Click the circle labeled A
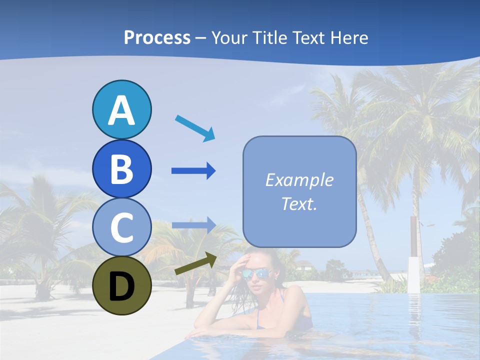pyautogui.click(x=121, y=109)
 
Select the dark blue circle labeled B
pyautogui.click(x=121, y=168)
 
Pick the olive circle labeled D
pyautogui.click(x=121, y=285)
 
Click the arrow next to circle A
pyautogui.click(x=195, y=128)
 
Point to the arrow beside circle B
pyautogui.click(x=193, y=171)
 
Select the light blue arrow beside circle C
pyautogui.click(x=193, y=225)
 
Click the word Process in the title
pyautogui.click(x=157, y=38)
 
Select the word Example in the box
pyautogui.click(x=299, y=180)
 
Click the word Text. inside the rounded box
pyautogui.click(x=299, y=203)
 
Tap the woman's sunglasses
pyautogui.click(x=256, y=274)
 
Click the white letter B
pyautogui.click(x=121, y=168)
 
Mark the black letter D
pyautogui.click(x=121, y=286)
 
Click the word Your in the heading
pyautogui.click(x=229, y=38)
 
